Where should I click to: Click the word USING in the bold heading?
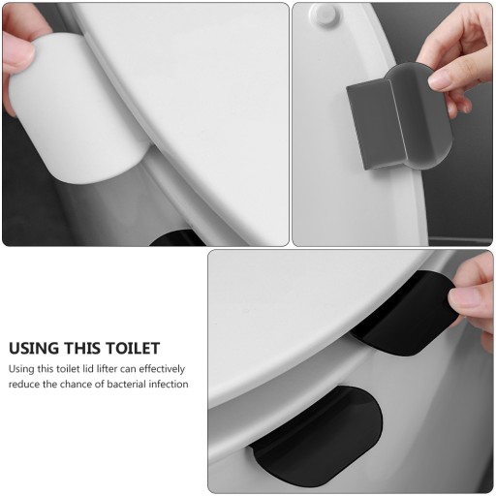pos(34,348)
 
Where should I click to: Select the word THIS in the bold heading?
pos(83,348)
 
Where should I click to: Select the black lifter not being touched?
pos(317,436)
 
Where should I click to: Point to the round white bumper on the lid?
pos(324,14)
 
